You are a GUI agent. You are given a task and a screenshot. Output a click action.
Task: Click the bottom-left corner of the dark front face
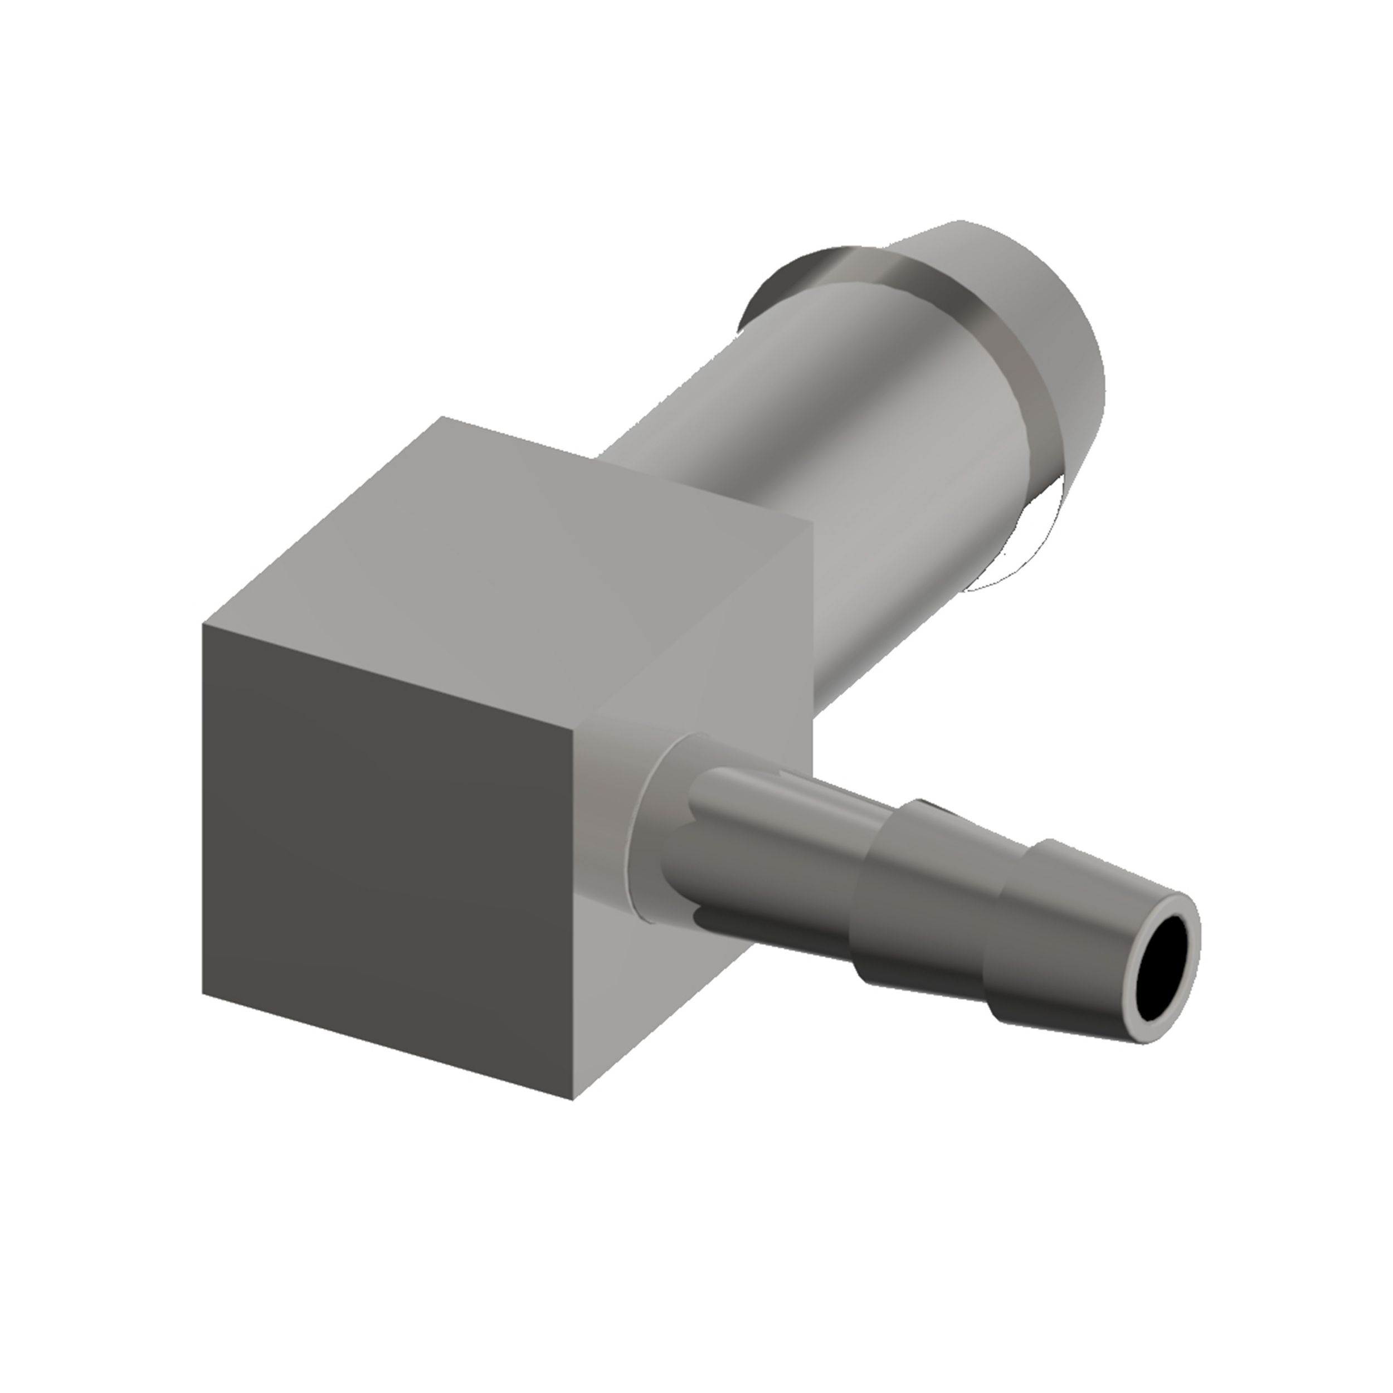[204, 993]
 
